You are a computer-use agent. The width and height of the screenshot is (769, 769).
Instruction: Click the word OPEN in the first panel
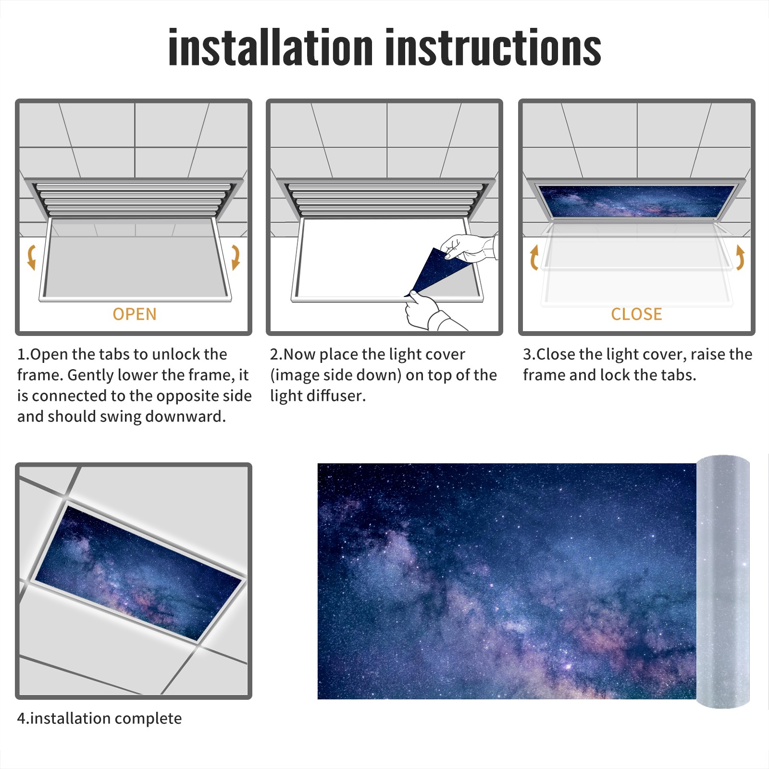[135, 314]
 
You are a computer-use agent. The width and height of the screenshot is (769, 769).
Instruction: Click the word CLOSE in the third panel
[636, 314]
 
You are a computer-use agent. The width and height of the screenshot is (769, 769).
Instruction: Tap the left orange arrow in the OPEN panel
[32, 257]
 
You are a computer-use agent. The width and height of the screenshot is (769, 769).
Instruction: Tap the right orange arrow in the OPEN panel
[236, 257]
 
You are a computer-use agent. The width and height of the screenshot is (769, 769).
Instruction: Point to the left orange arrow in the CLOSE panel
[534, 257]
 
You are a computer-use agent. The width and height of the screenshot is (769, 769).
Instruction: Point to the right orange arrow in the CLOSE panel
[740, 257]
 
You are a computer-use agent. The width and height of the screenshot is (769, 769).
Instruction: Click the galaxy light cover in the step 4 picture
[138, 573]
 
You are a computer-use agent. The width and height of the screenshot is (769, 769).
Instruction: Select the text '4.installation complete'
[99, 719]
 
